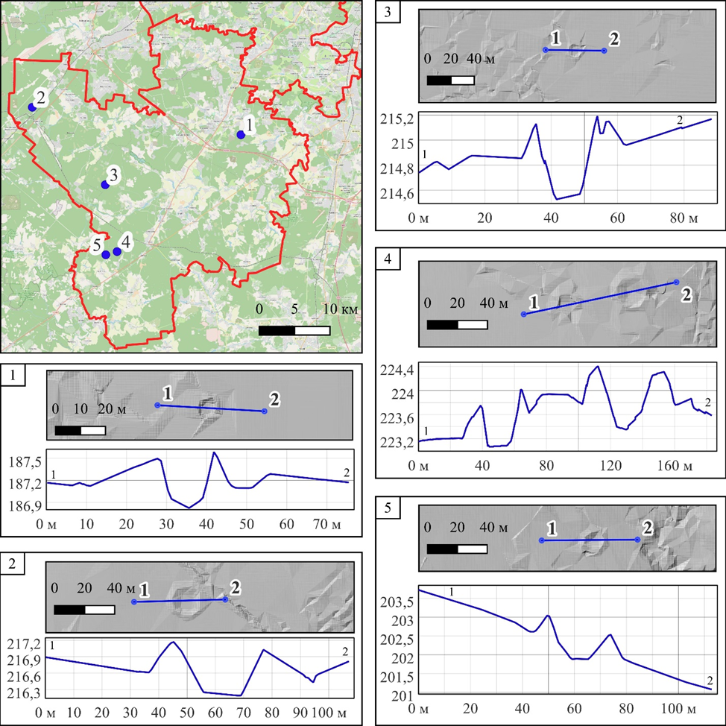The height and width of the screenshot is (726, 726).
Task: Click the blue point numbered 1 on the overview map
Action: [x=240, y=135]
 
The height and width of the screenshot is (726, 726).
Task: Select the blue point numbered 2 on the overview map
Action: [x=32, y=107]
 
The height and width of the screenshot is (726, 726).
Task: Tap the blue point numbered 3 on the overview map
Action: [x=105, y=185]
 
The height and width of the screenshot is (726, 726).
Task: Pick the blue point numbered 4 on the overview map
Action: [x=117, y=252]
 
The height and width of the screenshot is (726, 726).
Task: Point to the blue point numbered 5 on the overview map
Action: [x=106, y=255]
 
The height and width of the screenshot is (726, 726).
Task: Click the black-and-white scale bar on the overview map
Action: [x=294, y=330]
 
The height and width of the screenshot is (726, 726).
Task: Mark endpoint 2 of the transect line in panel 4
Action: [x=676, y=282]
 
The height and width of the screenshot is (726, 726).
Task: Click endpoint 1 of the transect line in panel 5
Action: [x=542, y=540]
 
